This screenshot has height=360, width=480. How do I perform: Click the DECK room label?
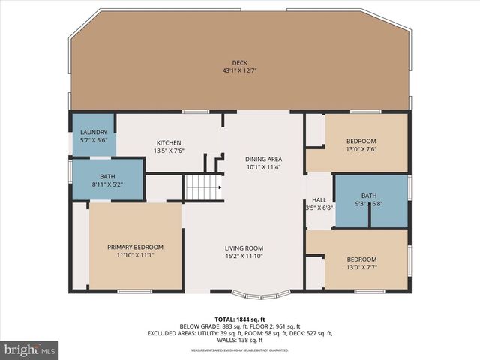tap(239, 63)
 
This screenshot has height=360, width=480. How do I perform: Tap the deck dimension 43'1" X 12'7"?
tap(239, 71)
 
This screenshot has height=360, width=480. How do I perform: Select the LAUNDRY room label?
tap(94, 133)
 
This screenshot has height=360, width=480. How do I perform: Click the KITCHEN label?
tap(169, 142)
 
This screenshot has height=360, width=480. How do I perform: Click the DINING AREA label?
tap(264, 159)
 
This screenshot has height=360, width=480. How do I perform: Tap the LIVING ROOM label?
tap(244, 248)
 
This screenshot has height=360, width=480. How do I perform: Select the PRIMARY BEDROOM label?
tap(135, 247)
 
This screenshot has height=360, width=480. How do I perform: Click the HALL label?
tap(319, 200)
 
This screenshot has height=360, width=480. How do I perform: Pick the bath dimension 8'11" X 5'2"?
tap(108, 184)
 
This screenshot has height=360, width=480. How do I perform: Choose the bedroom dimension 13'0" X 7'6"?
tap(361, 149)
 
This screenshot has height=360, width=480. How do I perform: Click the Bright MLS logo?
tap(30, 349)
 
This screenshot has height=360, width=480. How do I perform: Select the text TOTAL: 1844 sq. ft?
tap(239, 319)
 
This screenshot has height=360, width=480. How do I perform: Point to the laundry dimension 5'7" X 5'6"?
tap(94, 140)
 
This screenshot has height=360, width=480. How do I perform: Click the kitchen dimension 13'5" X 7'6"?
tap(169, 151)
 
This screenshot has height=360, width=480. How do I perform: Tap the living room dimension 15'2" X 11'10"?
tap(244, 256)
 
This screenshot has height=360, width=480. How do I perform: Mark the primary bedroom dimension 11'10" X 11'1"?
tap(135, 255)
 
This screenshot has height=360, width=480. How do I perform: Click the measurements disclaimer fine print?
tap(239, 350)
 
